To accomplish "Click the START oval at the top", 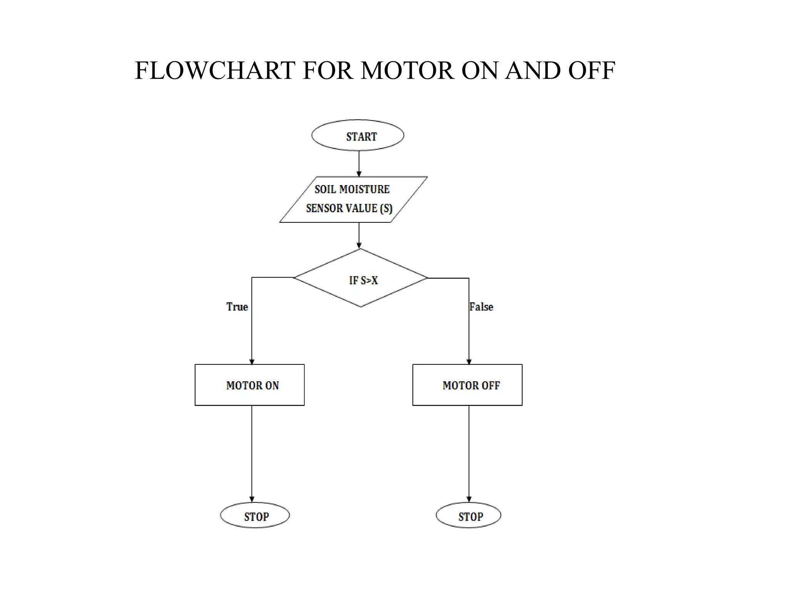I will click(x=357, y=135).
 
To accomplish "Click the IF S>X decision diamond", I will click(x=361, y=278).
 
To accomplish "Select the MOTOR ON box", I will click(x=249, y=385).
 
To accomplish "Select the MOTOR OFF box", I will click(x=467, y=385).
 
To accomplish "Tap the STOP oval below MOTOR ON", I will click(x=255, y=515).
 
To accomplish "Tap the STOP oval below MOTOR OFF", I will click(x=468, y=515).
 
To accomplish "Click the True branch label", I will click(x=237, y=307).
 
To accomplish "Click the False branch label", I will click(x=481, y=307).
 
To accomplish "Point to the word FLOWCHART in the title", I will click(x=215, y=71).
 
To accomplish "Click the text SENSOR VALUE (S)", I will click(x=349, y=208).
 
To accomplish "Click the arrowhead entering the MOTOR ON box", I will click(x=252, y=361).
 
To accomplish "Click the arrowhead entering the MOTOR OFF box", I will click(x=469, y=361).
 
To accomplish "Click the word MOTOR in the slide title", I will click(x=407, y=71).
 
